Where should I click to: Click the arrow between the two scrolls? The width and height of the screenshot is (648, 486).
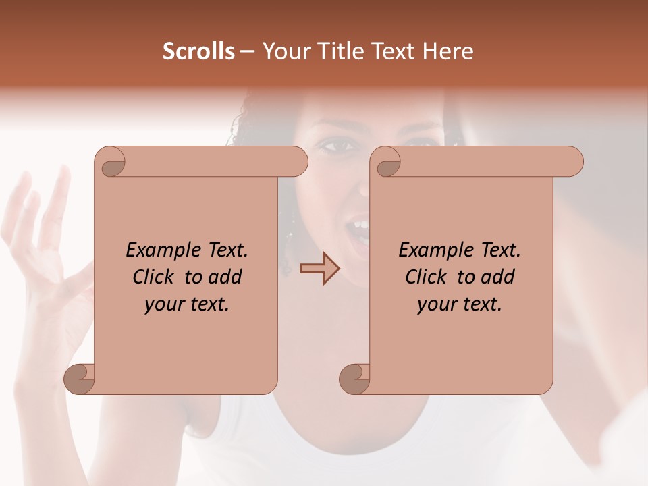coord(320,268)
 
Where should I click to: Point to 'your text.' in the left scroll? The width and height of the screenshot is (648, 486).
coord(187,304)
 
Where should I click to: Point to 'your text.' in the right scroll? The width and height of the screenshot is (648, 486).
coord(460,304)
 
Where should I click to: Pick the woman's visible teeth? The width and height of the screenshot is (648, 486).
coord(360,225)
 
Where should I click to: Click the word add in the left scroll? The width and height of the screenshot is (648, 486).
coord(225,277)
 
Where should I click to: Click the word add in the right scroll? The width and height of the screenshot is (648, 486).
coord(498,277)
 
